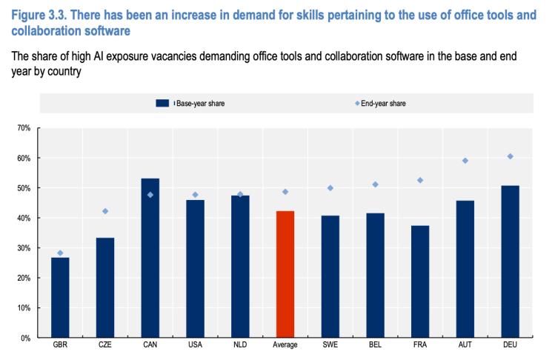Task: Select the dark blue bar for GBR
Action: tap(60, 297)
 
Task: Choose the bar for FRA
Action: tap(420, 281)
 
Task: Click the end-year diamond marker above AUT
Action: tap(465, 161)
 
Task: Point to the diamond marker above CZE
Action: tap(105, 211)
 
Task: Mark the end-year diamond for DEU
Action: tap(510, 156)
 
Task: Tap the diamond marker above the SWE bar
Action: tap(330, 188)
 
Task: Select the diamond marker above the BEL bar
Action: tap(376, 184)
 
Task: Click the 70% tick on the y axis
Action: tap(23, 128)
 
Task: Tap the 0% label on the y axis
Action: tap(25, 338)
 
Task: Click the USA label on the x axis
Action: tap(195, 346)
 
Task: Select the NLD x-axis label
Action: tap(240, 346)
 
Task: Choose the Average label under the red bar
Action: tap(285, 346)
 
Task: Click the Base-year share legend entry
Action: tap(199, 104)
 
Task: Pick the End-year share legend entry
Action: tap(382, 104)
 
